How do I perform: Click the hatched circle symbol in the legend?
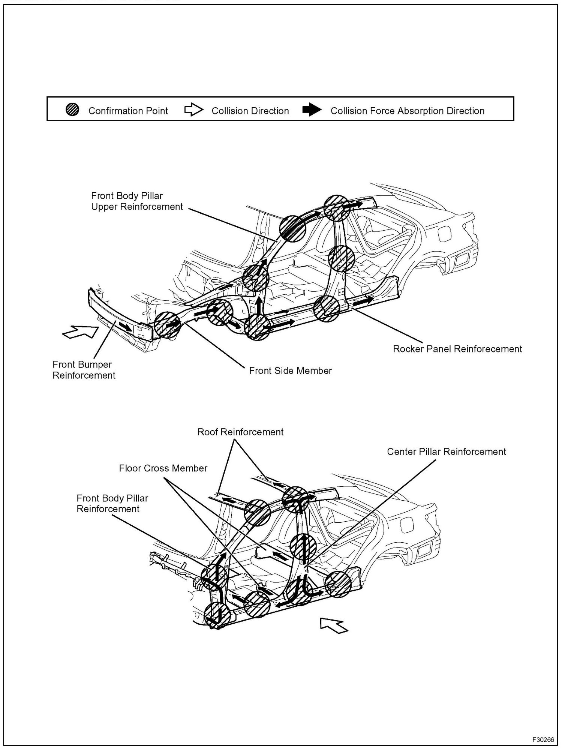pos(72,110)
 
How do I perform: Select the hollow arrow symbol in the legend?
pos(193,110)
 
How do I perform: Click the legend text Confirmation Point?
pos(128,111)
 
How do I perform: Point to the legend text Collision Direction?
pos(250,111)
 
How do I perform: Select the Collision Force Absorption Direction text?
pos(408,111)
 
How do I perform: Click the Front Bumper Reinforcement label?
pos(84,370)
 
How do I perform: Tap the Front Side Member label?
pos(291,371)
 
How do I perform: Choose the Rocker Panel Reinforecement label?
pos(457,349)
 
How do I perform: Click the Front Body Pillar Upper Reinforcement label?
pos(137,201)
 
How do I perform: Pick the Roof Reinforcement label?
pos(240,432)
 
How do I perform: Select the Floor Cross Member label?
pos(163,468)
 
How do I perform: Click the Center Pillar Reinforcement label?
pos(447,452)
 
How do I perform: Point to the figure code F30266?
pos(543,739)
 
